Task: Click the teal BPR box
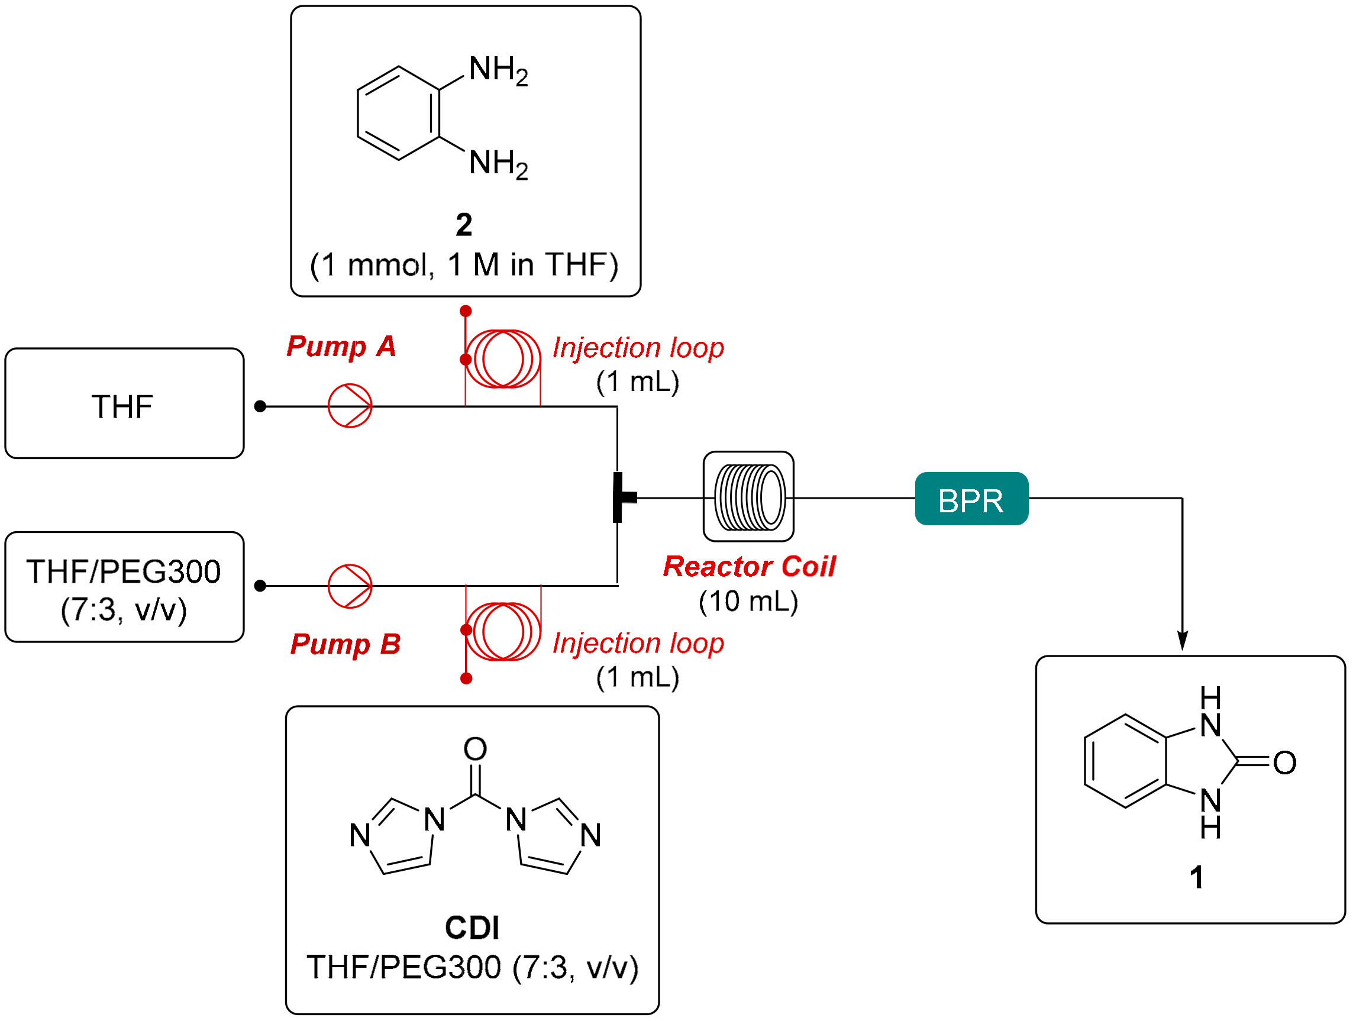click(971, 499)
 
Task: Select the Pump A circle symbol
click(350, 406)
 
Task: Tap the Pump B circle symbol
click(350, 586)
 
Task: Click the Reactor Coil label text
click(749, 567)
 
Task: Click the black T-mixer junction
click(620, 497)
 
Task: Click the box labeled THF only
click(124, 404)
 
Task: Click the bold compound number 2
click(464, 225)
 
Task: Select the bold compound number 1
click(1196, 877)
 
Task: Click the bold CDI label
click(472, 928)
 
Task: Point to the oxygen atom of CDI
click(475, 748)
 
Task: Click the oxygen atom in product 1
click(1284, 763)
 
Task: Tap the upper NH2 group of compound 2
click(498, 70)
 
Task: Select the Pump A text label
click(341, 346)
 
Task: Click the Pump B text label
click(345, 644)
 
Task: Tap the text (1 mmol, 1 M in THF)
click(464, 265)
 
